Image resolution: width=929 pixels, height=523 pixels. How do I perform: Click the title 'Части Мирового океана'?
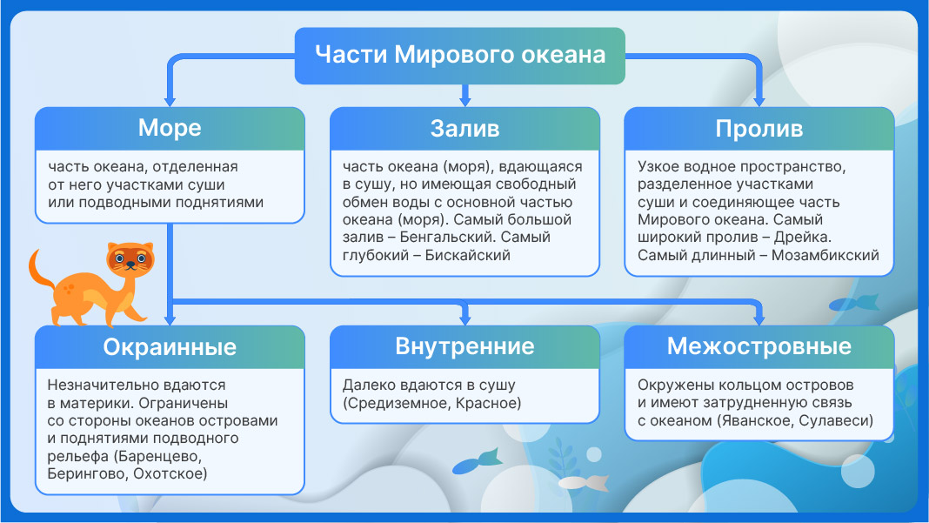point(460,55)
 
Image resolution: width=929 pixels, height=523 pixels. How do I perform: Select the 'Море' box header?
point(170,128)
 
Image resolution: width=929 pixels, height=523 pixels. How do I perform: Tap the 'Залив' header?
point(465,128)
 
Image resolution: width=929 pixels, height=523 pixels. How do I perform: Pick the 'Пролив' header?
point(759,128)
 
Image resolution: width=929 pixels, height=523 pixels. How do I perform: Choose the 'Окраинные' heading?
point(170,347)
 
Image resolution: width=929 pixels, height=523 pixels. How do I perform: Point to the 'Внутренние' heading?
point(465,346)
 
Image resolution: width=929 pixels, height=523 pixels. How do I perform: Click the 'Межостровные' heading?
point(759,346)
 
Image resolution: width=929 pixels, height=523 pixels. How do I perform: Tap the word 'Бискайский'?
point(467,255)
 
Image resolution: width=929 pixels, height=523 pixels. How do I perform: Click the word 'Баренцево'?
point(158,456)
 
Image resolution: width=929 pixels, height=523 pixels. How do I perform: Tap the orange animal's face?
point(130,258)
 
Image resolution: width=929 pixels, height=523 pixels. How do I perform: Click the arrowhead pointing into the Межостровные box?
point(759,319)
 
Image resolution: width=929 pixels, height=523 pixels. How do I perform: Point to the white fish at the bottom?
point(584,482)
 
